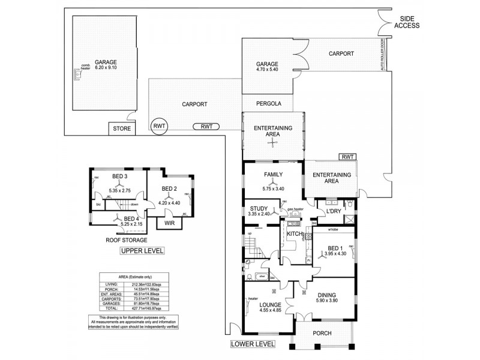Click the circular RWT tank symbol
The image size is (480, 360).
click(x=159, y=125)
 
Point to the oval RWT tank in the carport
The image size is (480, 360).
click(x=206, y=126)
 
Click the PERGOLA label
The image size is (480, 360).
click(x=268, y=103)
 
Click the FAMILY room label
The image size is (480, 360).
click(x=273, y=175)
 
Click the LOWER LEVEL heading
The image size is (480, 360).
click(x=253, y=344)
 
